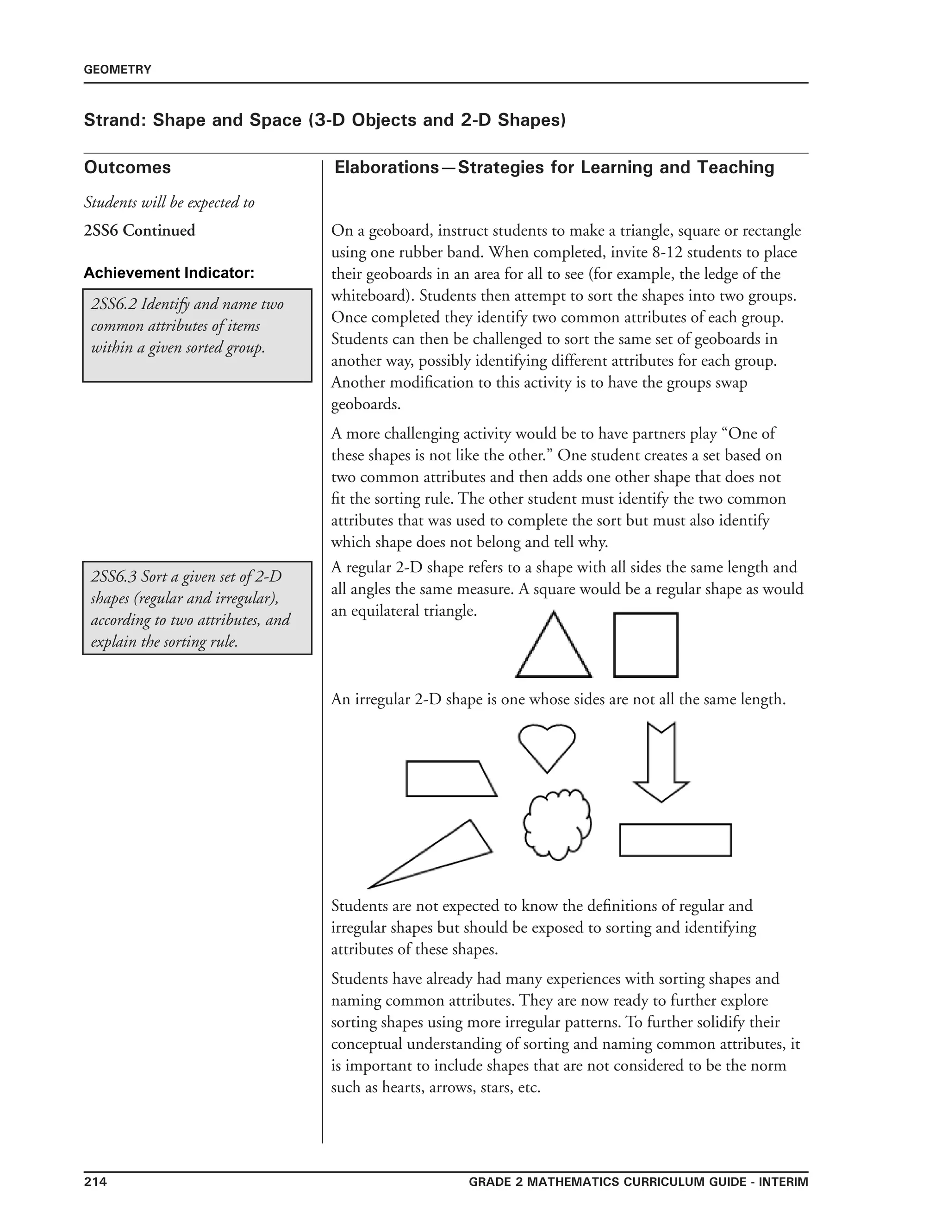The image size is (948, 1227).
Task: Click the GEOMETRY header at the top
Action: pos(118,69)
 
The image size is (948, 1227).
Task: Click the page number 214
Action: pos(95,1182)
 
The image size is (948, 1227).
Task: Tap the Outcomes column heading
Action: pos(127,168)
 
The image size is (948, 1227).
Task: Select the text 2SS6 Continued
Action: pos(139,230)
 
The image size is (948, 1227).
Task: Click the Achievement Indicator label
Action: pos(168,273)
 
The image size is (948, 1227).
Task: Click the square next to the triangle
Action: pos(645,645)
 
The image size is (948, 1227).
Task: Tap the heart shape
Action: pos(547,745)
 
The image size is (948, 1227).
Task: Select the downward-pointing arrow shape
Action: pos(661,764)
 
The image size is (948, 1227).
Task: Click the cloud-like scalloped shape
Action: pos(556,825)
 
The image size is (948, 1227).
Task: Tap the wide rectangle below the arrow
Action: pos(675,840)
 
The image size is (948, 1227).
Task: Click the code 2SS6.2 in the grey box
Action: pos(113,305)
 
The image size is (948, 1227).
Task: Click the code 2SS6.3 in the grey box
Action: pos(113,577)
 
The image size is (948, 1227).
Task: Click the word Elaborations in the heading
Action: pos(387,168)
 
